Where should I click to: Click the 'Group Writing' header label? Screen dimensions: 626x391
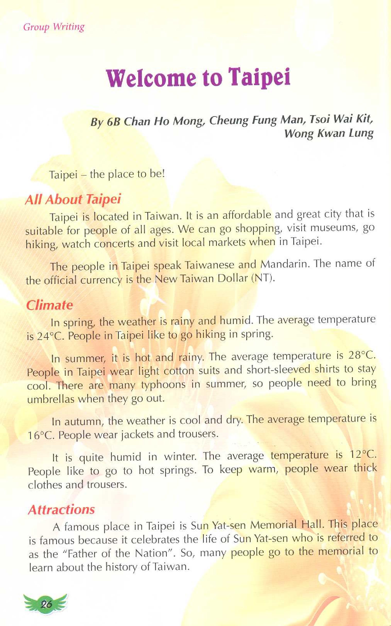pyautogui.click(x=54, y=27)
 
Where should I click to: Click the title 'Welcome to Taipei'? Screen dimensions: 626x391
pyautogui.click(x=198, y=77)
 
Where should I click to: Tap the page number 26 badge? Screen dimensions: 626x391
pyautogui.click(x=46, y=605)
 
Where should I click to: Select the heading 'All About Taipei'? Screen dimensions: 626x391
pyautogui.click(x=73, y=200)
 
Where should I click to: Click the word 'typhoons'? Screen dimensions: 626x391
pyautogui.click(x=163, y=385)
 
